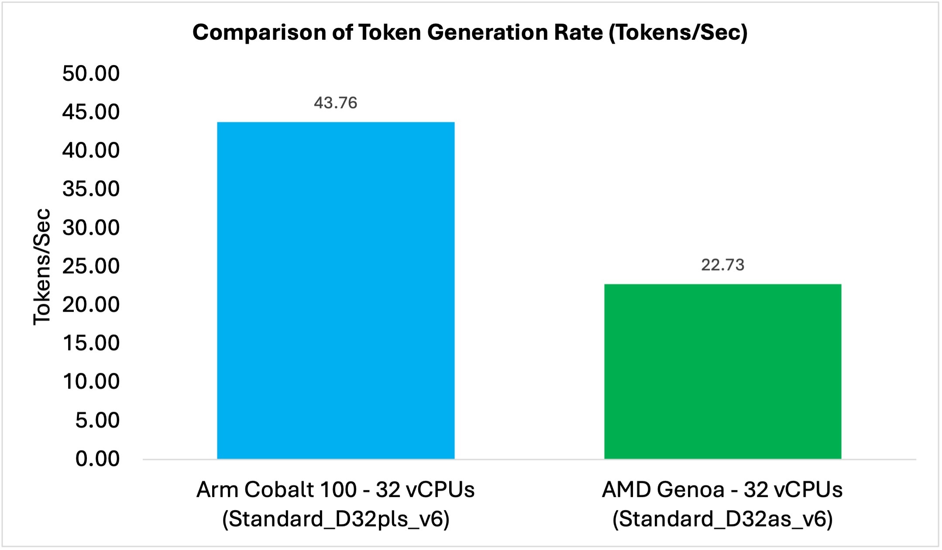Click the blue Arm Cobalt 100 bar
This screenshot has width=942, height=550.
click(x=336, y=290)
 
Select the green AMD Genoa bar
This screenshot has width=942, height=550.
click(x=722, y=371)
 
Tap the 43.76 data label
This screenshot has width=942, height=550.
click(x=335, y=103)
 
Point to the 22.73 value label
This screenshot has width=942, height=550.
click(x=722, y=265)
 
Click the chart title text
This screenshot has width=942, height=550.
click(x=470, y=33)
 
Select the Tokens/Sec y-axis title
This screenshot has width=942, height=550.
click(x=42, y=266)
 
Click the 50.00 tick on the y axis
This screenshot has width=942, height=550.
click(x=91, y=73)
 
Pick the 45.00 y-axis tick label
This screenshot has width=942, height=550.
click(x=91, y=112)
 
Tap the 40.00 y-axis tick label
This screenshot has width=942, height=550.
click(x=91, y=151)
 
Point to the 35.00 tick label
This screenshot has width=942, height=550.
click(x=91, y=189)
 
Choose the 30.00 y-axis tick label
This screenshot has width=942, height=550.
click(x=91, y=228)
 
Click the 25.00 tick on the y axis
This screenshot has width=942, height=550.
click(x=91, y=266)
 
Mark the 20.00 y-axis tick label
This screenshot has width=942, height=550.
click(x=91, y=305)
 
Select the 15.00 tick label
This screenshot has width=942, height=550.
click(x=91, y=343)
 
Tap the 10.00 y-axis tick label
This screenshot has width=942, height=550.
click(x=91, y=382)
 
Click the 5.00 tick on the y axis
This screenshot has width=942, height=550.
click(x=97, y=420)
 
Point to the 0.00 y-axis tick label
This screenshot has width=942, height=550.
click(x=97, y=459)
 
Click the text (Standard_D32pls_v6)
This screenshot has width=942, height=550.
click(x=335, y=519)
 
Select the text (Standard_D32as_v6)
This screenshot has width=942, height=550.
click(x=722, y=519)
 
